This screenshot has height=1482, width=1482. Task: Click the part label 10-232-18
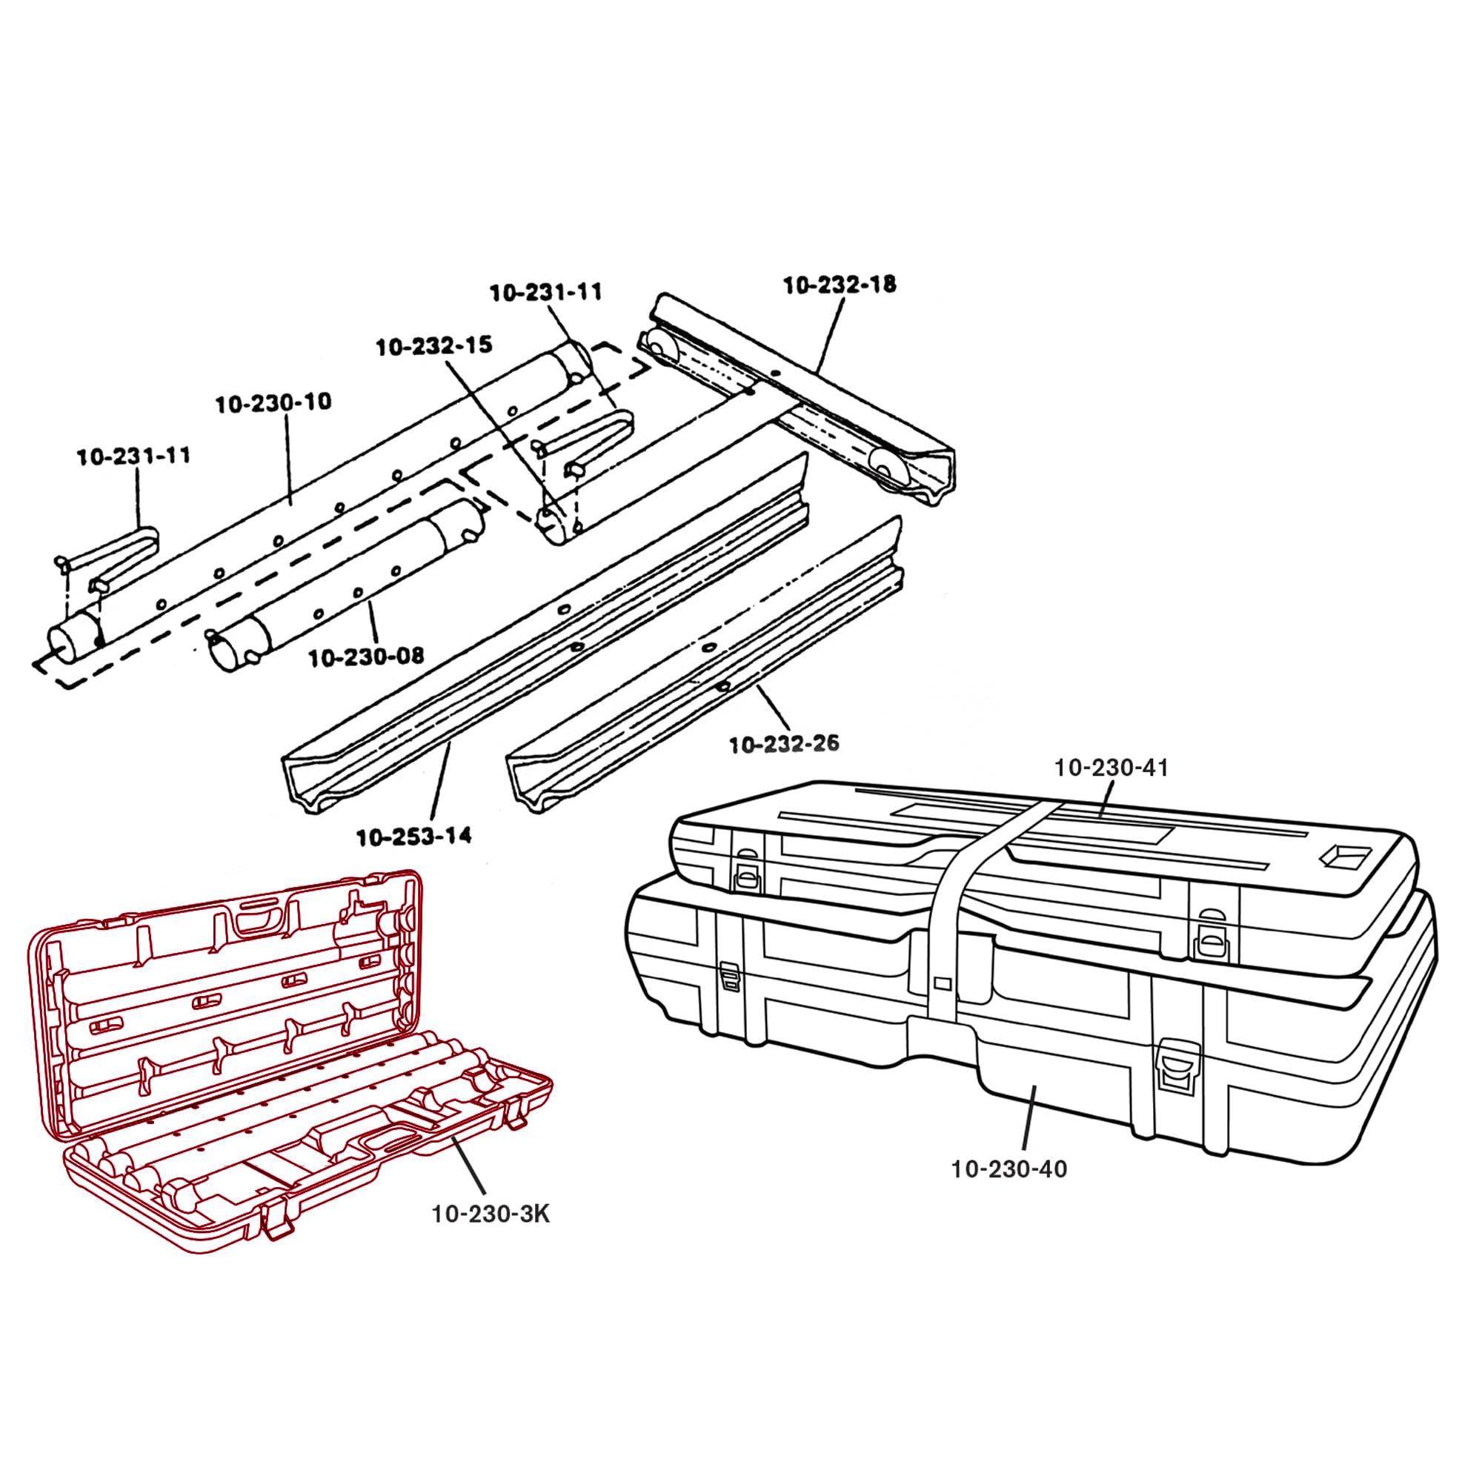coord(840,285)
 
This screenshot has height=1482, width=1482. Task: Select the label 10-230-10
coord(273,402)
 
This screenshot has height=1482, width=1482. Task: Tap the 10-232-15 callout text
coord(433,346)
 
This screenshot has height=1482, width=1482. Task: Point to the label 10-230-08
coord(366,657)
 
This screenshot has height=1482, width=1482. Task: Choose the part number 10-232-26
coord(784,743)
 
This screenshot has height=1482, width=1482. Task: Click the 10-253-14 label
coord(414,836)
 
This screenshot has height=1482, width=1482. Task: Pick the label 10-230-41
coord(1111,768)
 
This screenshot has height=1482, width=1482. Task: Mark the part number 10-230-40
coord(1009,1169)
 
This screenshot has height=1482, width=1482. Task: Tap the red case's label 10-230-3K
coord(491,1214)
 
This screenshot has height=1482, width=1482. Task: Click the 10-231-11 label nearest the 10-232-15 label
coord(546,292)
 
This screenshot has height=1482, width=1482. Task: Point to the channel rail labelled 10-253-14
coord(537,652)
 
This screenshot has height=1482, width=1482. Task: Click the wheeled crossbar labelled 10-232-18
coord(798,399)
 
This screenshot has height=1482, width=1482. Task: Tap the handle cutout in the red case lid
coord(259,918)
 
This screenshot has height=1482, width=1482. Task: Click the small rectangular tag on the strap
coord(943,983)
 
